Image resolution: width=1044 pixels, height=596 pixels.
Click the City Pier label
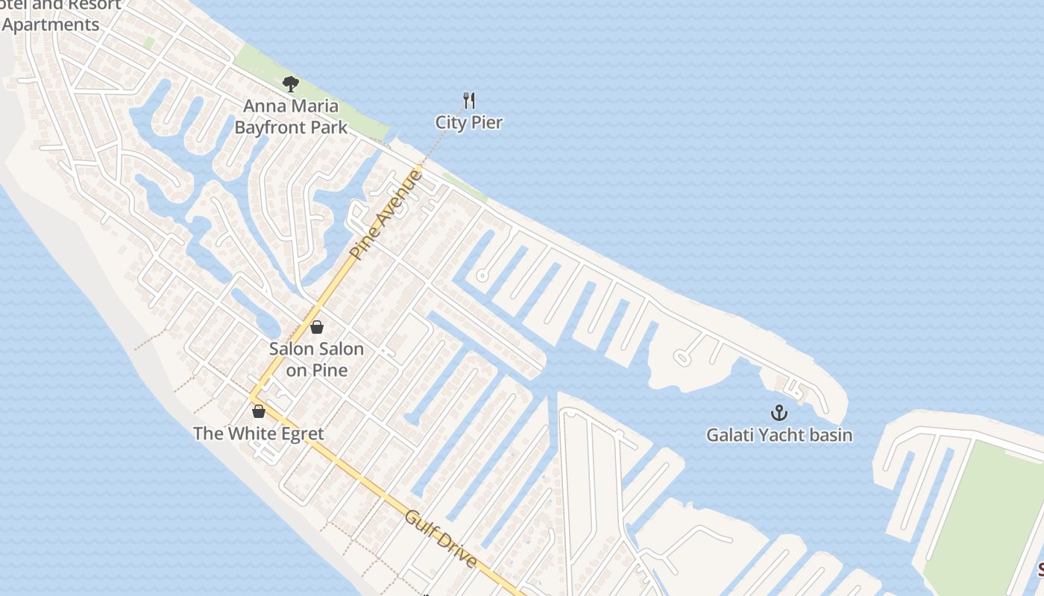tap(469, 122)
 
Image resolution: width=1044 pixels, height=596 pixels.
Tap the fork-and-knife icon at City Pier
tap(469, 101)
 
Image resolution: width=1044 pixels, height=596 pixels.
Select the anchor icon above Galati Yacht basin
tap(779, 412)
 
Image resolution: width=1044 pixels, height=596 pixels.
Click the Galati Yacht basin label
tap(779, 434)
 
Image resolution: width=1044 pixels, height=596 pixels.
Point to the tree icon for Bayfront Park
tap(291, 84)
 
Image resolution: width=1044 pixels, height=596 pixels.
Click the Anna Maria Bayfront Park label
tap(291, 117)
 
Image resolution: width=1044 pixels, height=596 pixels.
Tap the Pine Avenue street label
tap(386, 215)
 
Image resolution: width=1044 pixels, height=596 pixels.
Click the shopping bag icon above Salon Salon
tap(317, 327)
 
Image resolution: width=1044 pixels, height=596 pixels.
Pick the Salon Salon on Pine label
tap(317, 358)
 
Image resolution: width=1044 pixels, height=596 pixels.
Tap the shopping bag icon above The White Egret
tap(259, 411)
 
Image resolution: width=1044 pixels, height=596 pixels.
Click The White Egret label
tap(259, 434)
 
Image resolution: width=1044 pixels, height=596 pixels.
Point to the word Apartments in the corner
tap(51, 25)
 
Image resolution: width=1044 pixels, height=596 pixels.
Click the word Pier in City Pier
tap(486, 122)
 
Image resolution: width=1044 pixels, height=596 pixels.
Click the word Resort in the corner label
tap(95, 4)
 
